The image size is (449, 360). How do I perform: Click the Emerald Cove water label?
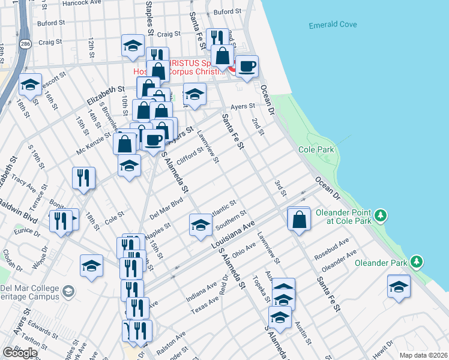333,25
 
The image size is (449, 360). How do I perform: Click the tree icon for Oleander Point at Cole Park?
379,215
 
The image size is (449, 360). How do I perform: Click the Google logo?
20,353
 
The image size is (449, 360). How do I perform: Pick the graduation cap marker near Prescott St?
30,85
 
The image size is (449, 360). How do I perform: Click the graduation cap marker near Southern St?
200,224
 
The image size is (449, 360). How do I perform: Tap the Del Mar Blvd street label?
166,207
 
